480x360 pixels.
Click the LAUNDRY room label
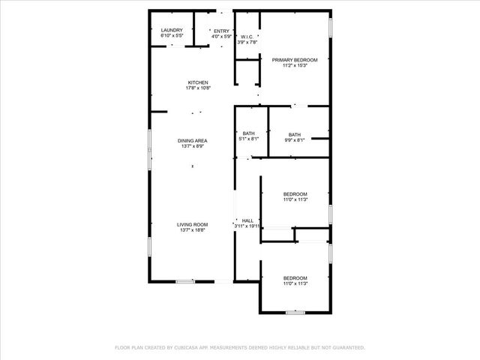(172, 31)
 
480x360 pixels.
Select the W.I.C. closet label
(247, 37)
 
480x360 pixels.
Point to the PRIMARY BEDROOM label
(295, 60)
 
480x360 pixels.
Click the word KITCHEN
(198, 82)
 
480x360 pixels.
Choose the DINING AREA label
(193, 141)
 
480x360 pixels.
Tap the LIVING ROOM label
(193, 224)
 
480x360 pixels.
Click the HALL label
(247, 220)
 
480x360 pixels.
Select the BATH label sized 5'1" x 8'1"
(248, 133)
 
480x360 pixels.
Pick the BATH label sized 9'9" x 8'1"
(294, 133)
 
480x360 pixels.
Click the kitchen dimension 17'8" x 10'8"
(198, 88)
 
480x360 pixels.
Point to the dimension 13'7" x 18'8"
(193, 230)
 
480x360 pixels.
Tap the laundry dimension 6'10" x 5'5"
(172, 36)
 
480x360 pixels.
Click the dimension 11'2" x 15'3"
(295, 65)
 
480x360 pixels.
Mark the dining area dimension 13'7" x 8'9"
(193, 146)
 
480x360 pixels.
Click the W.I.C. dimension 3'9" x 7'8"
(247, 42)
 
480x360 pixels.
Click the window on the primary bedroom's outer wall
(330, 26)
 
